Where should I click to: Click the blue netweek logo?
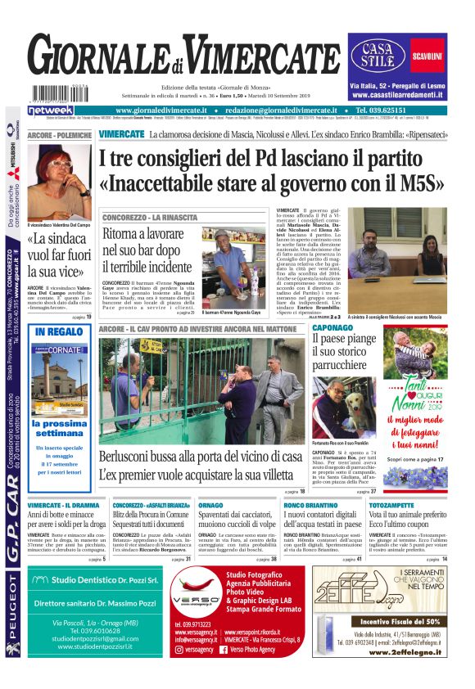(51, 110)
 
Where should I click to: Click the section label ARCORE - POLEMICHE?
(59, 133)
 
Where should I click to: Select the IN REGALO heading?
(59, 331)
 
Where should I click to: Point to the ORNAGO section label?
(211, 506)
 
